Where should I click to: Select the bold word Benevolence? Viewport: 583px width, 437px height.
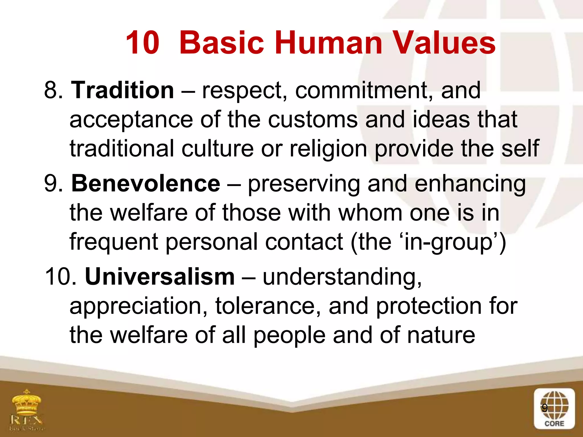(x=145, y=184)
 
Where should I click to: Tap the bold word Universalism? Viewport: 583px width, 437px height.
(x=160, y=277)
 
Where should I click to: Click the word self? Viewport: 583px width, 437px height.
(x=520, y=149)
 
